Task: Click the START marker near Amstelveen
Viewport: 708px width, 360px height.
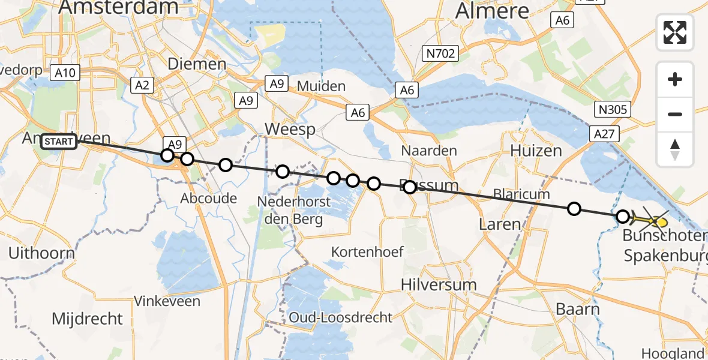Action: pos(59,142)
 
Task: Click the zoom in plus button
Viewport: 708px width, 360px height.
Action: pos(675,80)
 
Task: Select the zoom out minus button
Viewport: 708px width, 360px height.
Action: pos(675,114)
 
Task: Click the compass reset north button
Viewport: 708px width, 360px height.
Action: pos(675,149)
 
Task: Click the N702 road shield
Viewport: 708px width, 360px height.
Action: pos(440,54)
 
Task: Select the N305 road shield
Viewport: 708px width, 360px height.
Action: pos(613,109)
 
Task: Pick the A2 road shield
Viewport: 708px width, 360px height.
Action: pos(142,85)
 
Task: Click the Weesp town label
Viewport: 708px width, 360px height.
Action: pos(290,130)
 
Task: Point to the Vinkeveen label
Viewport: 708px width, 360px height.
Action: pos(167,301)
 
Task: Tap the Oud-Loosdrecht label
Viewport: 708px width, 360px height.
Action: pos(340,317)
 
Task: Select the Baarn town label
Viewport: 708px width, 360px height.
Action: pos(577,310)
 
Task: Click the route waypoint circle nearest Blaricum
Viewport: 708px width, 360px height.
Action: pos(574,209)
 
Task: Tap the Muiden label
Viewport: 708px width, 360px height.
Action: pos(321,86)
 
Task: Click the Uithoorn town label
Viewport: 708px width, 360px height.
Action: pos(41,253)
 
